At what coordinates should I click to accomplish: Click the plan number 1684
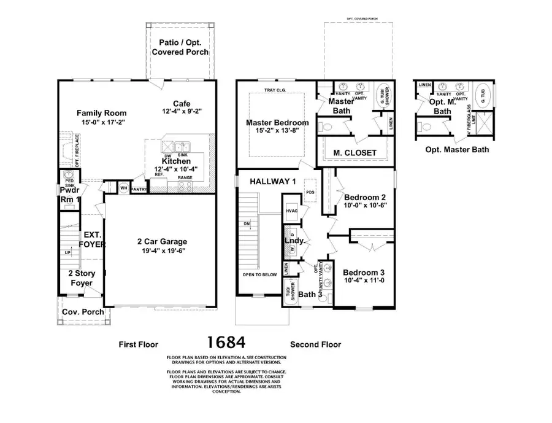click(226, 342)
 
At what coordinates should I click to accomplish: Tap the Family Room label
click(101, 113)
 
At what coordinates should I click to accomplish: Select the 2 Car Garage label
click(163, 241)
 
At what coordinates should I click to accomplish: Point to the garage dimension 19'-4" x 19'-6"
click(163, 250)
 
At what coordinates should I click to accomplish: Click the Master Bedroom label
click(277, 123)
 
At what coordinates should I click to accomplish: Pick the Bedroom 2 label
click(365, 197)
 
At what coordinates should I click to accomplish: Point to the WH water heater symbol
click(123, 188)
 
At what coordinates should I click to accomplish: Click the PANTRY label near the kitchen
click(139, 189)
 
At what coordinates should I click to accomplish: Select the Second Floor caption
click(315, 344)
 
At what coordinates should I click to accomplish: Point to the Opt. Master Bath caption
click(457, 149)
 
